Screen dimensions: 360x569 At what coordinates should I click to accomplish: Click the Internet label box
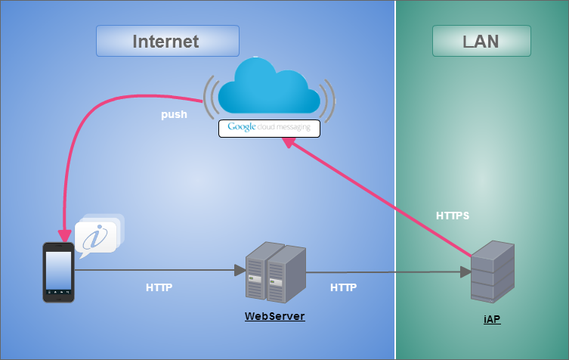pos(167,41)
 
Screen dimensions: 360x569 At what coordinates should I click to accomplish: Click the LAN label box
pos(481,41)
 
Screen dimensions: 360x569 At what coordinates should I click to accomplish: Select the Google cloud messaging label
pos(269,128)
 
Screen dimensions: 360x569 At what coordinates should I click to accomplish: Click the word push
pos(174,115)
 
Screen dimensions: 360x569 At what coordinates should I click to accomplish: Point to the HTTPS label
pos(453,216)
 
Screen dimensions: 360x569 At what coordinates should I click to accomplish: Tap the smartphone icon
pos(58,272)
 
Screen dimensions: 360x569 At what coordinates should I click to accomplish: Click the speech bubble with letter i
pos(97,236)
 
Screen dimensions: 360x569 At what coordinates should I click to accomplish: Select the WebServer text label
pos(274,316)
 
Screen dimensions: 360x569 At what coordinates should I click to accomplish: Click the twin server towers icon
pos(275,272)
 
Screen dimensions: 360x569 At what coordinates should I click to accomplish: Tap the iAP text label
pos(492,320)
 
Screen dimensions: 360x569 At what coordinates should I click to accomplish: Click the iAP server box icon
pos(492,272)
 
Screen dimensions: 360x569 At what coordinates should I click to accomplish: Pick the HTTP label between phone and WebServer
pos(159,287)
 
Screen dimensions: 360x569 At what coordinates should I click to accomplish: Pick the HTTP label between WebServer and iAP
pos(343,287)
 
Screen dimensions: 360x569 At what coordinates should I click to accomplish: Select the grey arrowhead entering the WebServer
pos(240,269)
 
